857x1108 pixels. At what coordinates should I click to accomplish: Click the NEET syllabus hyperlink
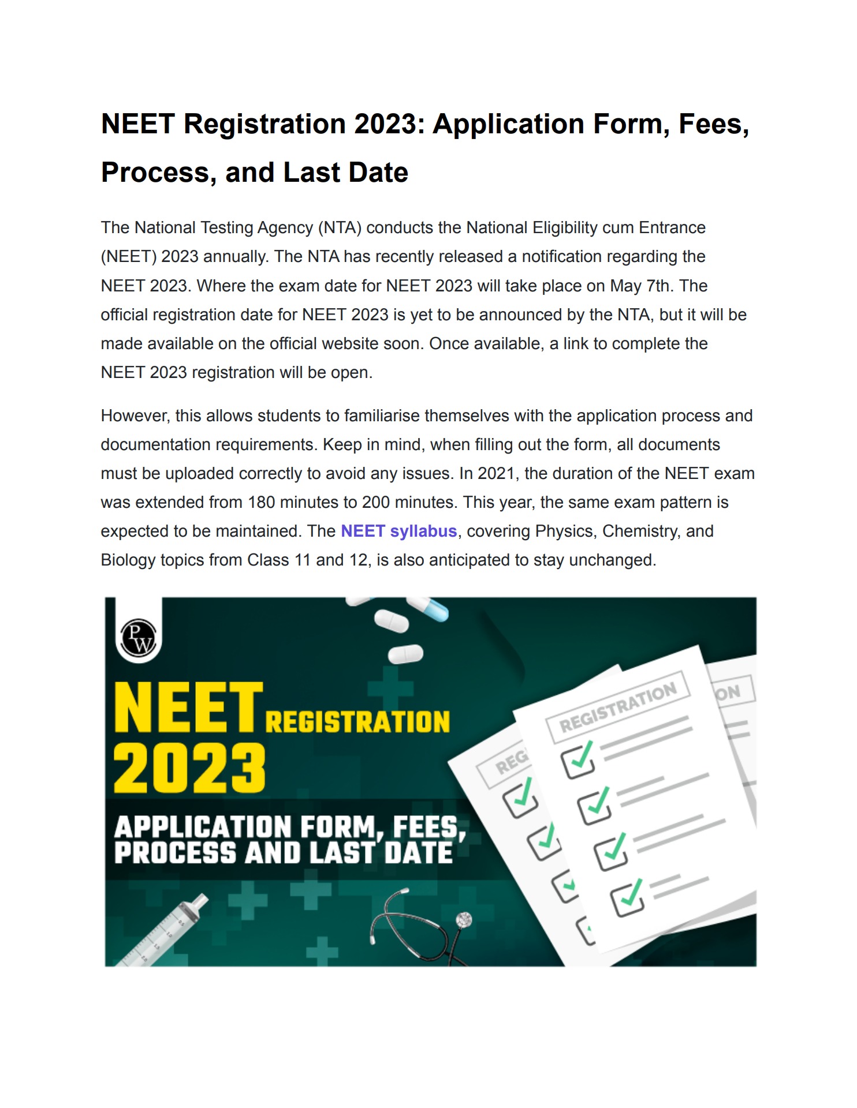pos(398,531)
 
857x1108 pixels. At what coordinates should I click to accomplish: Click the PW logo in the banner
pos(139,637)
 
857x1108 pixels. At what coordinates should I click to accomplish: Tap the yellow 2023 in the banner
pos(189,768)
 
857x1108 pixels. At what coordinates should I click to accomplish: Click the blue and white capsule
pos(428,608)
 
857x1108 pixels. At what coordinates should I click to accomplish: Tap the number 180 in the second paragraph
pos(261,502)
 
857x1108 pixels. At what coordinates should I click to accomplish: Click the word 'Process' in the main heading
pos(155,173)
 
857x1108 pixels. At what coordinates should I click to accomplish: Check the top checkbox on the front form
pos(577,761)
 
